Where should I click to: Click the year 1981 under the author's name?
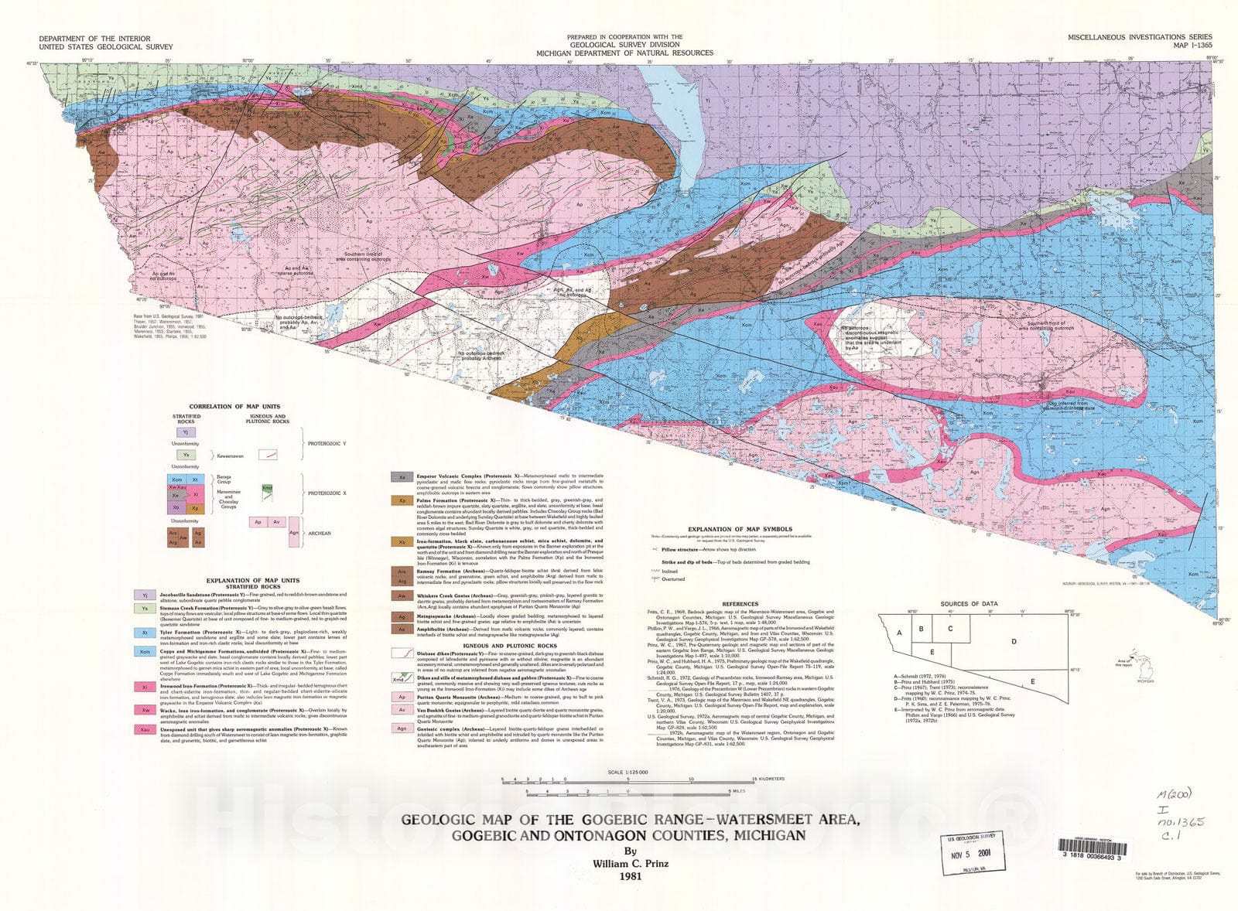[x=626, y=877]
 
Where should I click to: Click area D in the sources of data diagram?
[x=1014, y=641]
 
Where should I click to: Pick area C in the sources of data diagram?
[x=950, y=629]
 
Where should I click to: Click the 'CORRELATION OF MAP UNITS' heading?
[x=234, y=407]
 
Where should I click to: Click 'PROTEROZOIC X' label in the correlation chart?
[x=331, y=493]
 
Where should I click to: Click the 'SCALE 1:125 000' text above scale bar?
[x=628, y=772]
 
